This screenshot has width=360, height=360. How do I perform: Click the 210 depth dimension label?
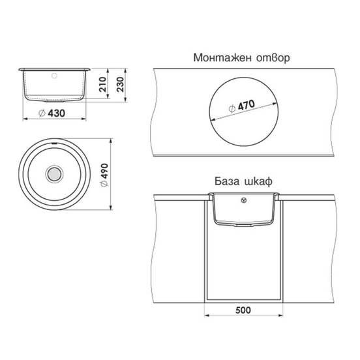click(103, 84)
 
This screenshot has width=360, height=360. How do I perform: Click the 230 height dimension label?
click(120, 84)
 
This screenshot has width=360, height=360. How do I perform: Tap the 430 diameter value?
click(57, 113)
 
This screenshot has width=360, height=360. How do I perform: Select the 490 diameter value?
click(104, 171)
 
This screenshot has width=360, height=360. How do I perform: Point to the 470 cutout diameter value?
click(247, 105)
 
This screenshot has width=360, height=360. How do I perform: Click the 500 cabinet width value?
click(243, 310)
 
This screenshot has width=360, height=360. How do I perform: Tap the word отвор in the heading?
click(273, 58)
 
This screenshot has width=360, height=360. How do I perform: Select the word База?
click(227, 181)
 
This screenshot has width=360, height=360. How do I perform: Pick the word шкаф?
click(258, 181)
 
